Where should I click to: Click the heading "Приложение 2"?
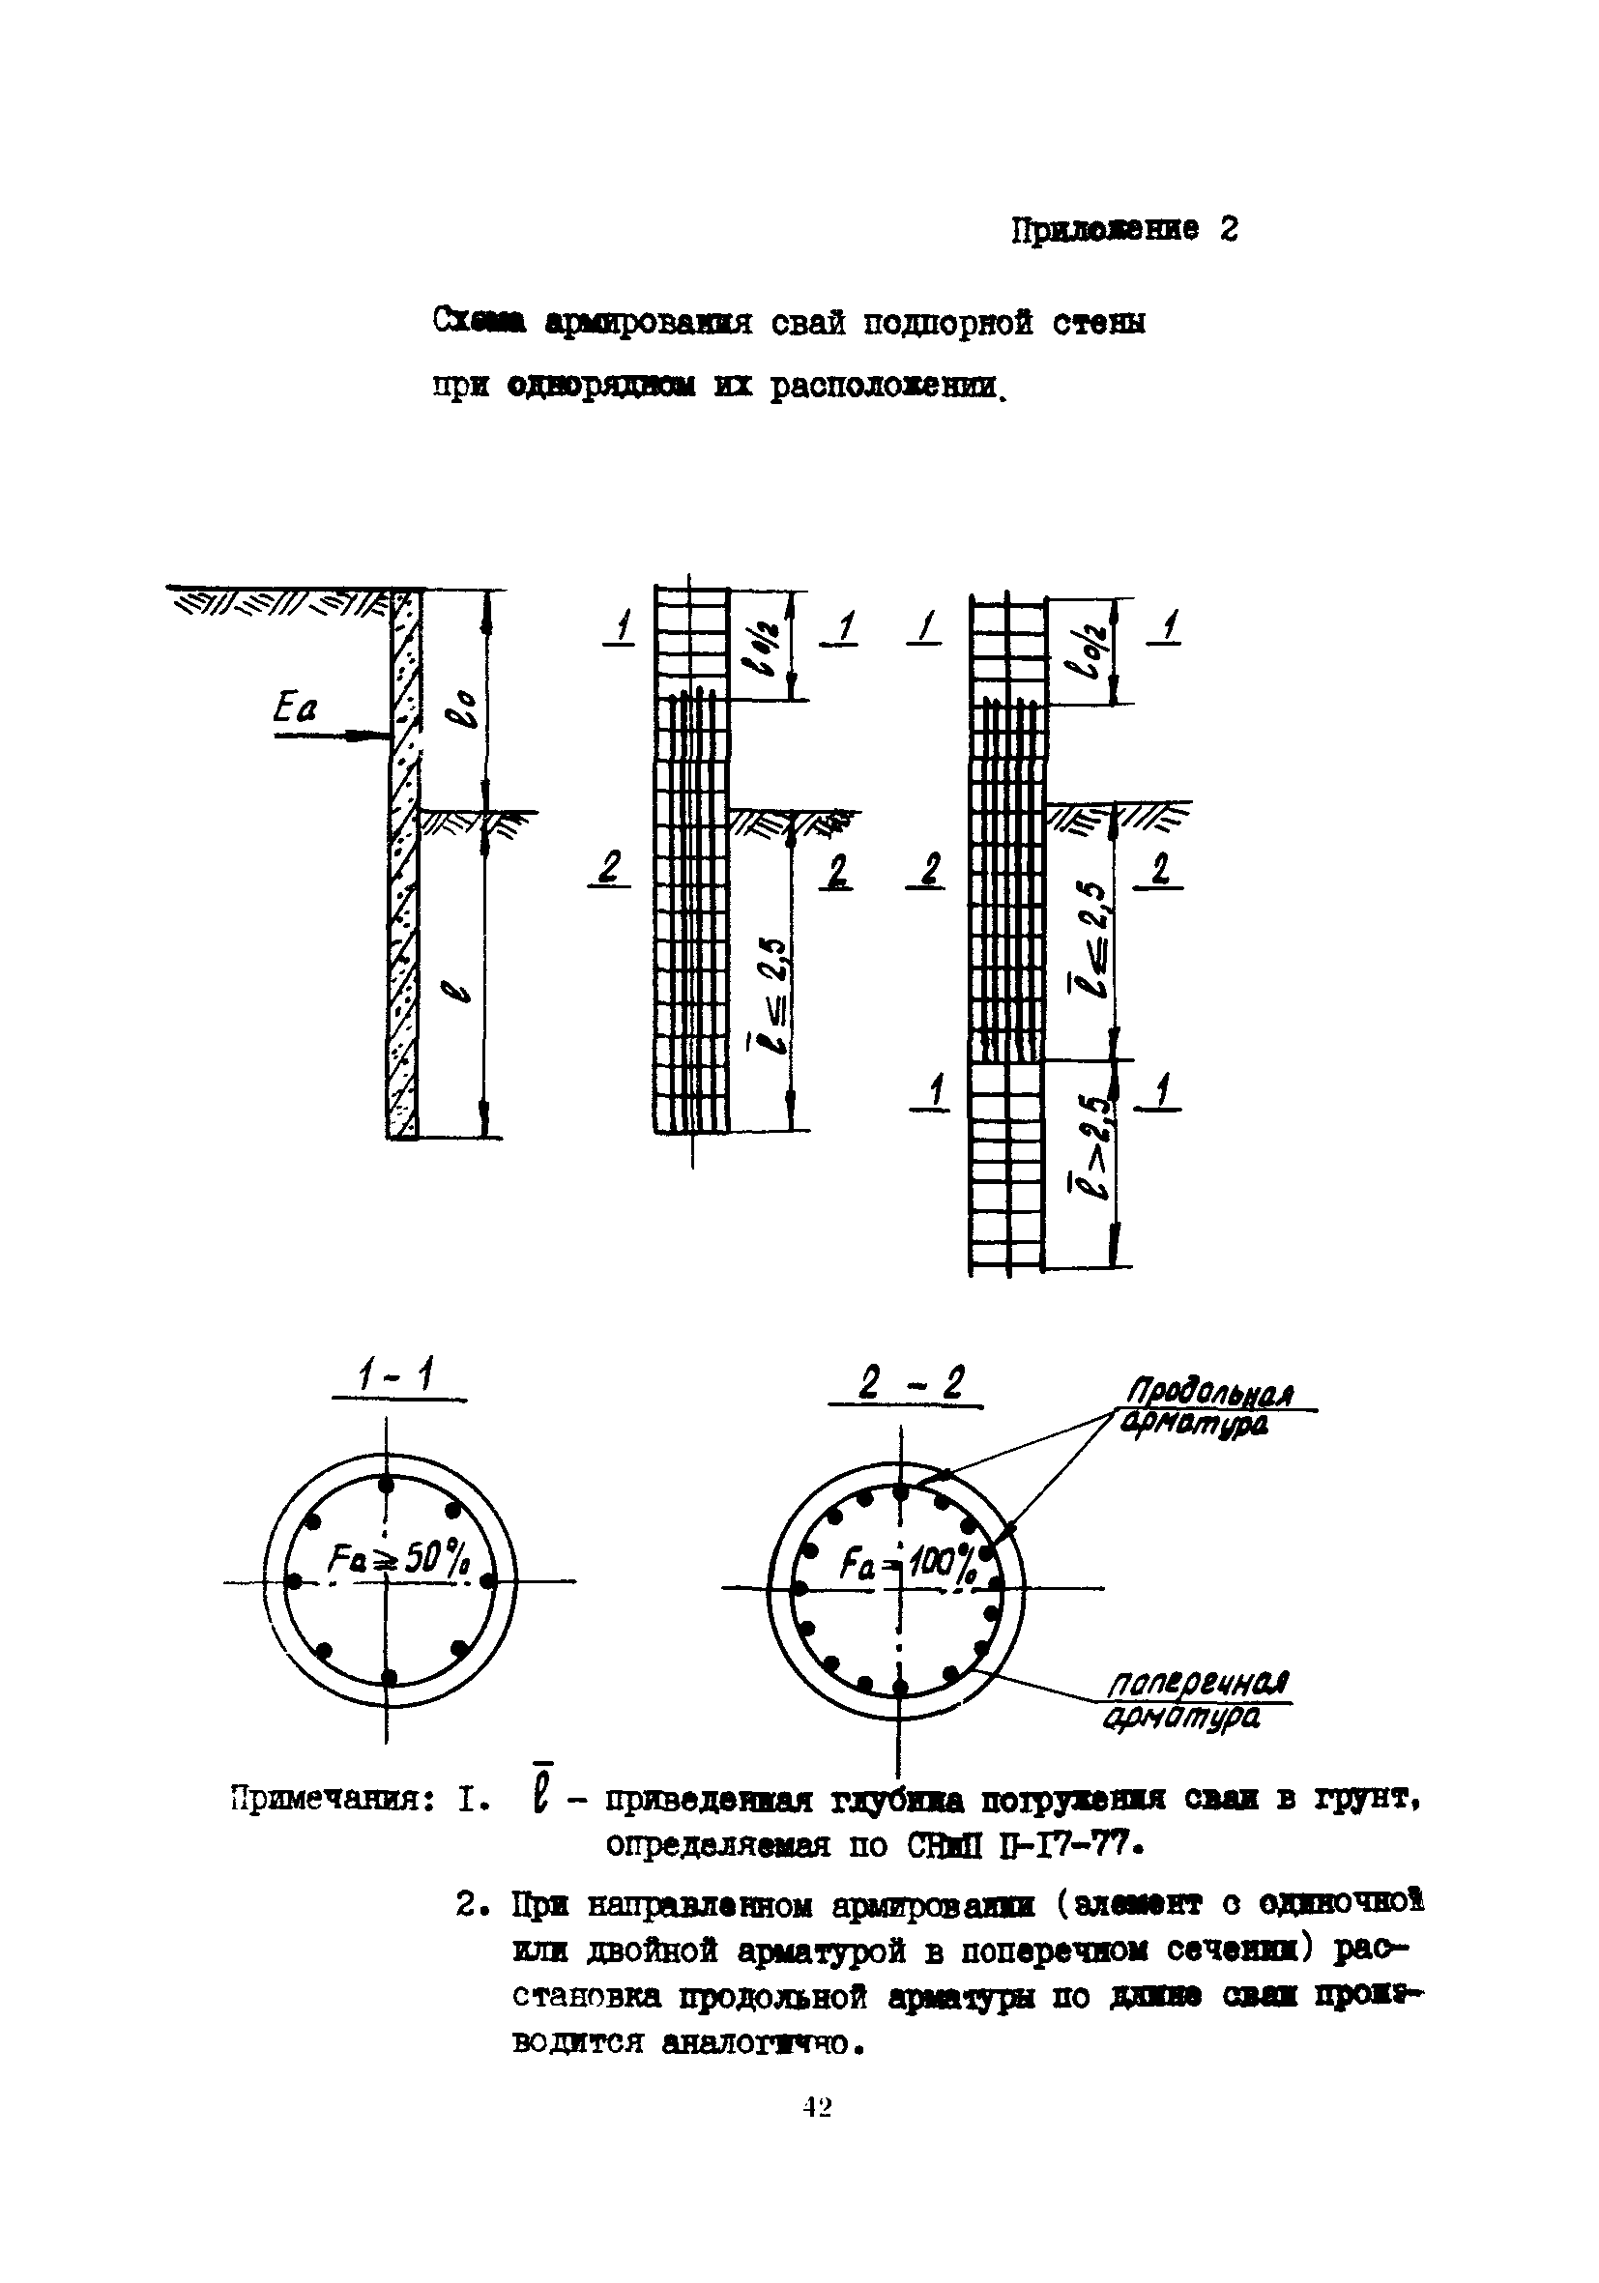pos(1123,231)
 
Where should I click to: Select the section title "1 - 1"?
pos(395,1378)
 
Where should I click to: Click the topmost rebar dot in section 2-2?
pos(900,1491)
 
